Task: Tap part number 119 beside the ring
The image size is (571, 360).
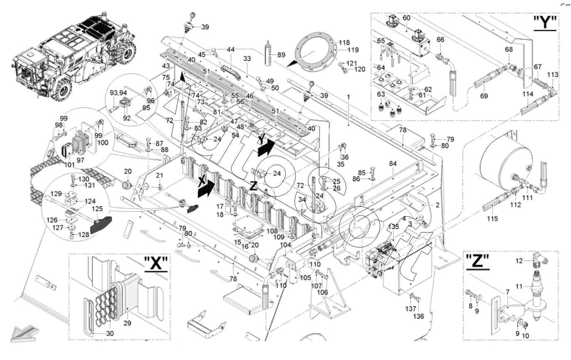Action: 342,50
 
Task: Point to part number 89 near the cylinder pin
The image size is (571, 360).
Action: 281,55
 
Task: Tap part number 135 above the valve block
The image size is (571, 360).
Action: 393,226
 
